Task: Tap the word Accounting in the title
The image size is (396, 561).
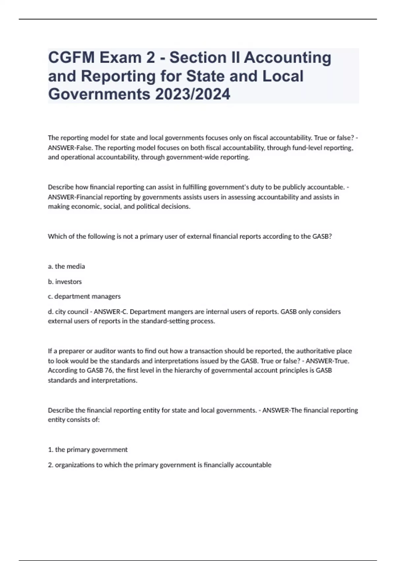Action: point(287,57)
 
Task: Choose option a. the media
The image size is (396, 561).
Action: point(66,266)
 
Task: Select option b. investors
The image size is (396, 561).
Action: point(65,281)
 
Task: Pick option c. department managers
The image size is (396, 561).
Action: point(84,296)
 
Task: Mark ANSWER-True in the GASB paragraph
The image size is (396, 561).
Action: point(327,361)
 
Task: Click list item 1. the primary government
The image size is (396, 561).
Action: point(88,449)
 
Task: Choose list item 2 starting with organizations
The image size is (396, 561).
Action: point(160,465)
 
